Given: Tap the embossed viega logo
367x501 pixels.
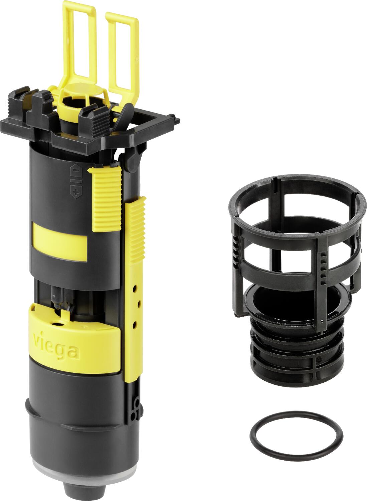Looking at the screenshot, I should tap(56, 347).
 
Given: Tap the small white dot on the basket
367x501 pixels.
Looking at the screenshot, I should tap(321, 322).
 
